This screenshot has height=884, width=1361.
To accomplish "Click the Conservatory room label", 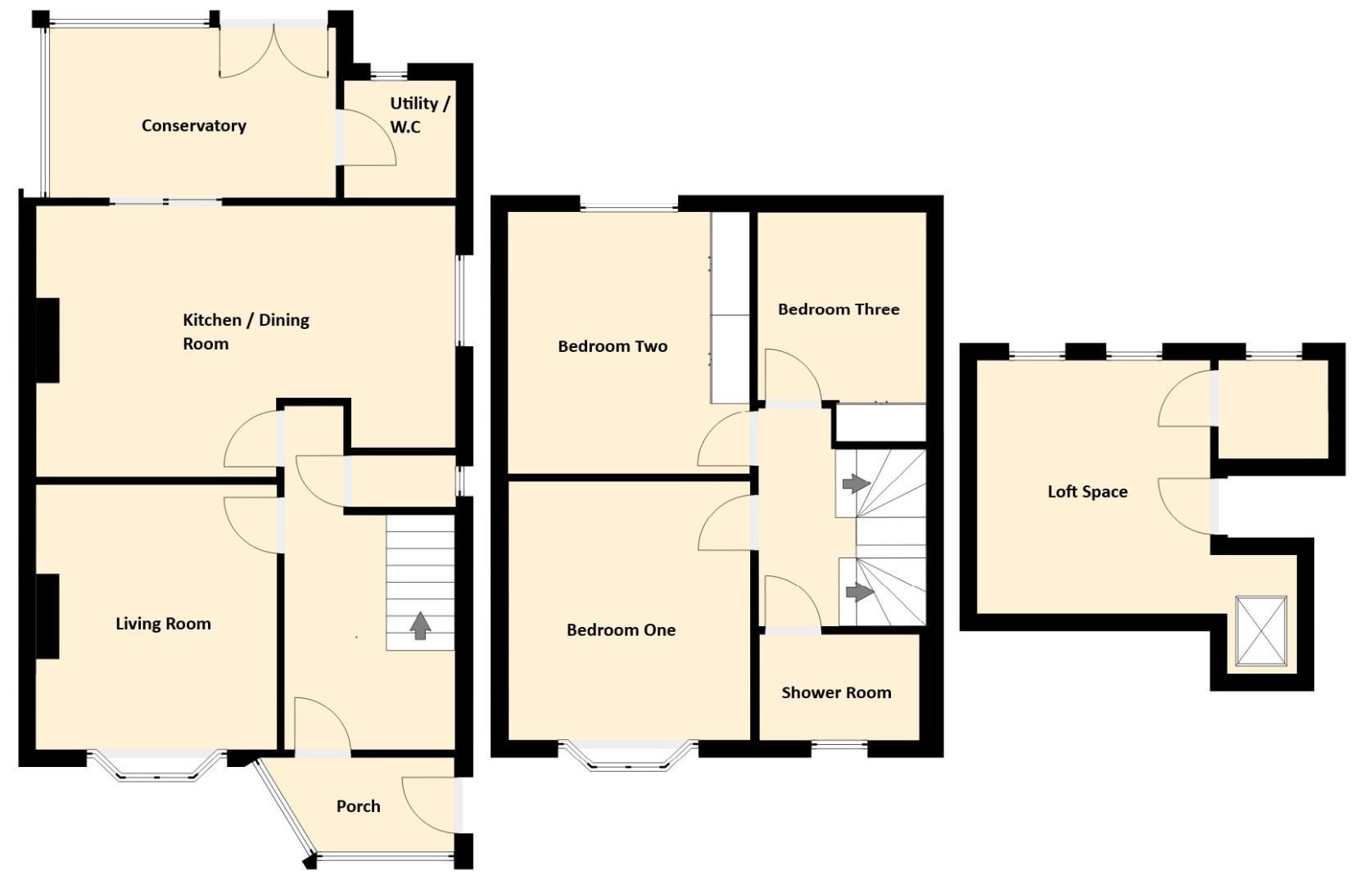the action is coord(194,126).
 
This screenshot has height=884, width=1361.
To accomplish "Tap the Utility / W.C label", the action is coord(420,115).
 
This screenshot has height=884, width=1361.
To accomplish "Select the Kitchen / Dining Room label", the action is coord(246,331).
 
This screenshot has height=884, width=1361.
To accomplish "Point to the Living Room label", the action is coord(164,624).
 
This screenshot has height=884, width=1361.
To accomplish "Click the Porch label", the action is coord(359,806).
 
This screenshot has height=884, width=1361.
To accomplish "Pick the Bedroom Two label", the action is coord(613,346).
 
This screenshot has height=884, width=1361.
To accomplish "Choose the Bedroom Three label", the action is coord(839,309).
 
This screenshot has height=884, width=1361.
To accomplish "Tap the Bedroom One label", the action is coord(621,629).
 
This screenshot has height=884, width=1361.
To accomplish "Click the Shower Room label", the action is coord(836,692).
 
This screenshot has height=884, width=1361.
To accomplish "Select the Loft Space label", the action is coord(1087,491).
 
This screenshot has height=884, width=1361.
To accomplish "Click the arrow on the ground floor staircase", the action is coord(420,626).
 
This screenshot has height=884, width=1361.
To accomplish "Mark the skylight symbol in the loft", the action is coord(1261,631).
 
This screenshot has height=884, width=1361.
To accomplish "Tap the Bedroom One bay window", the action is coord(628,755).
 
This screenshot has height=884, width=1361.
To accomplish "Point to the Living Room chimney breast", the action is coord(48,616).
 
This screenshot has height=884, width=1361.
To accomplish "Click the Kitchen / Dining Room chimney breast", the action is coord(48,340).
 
